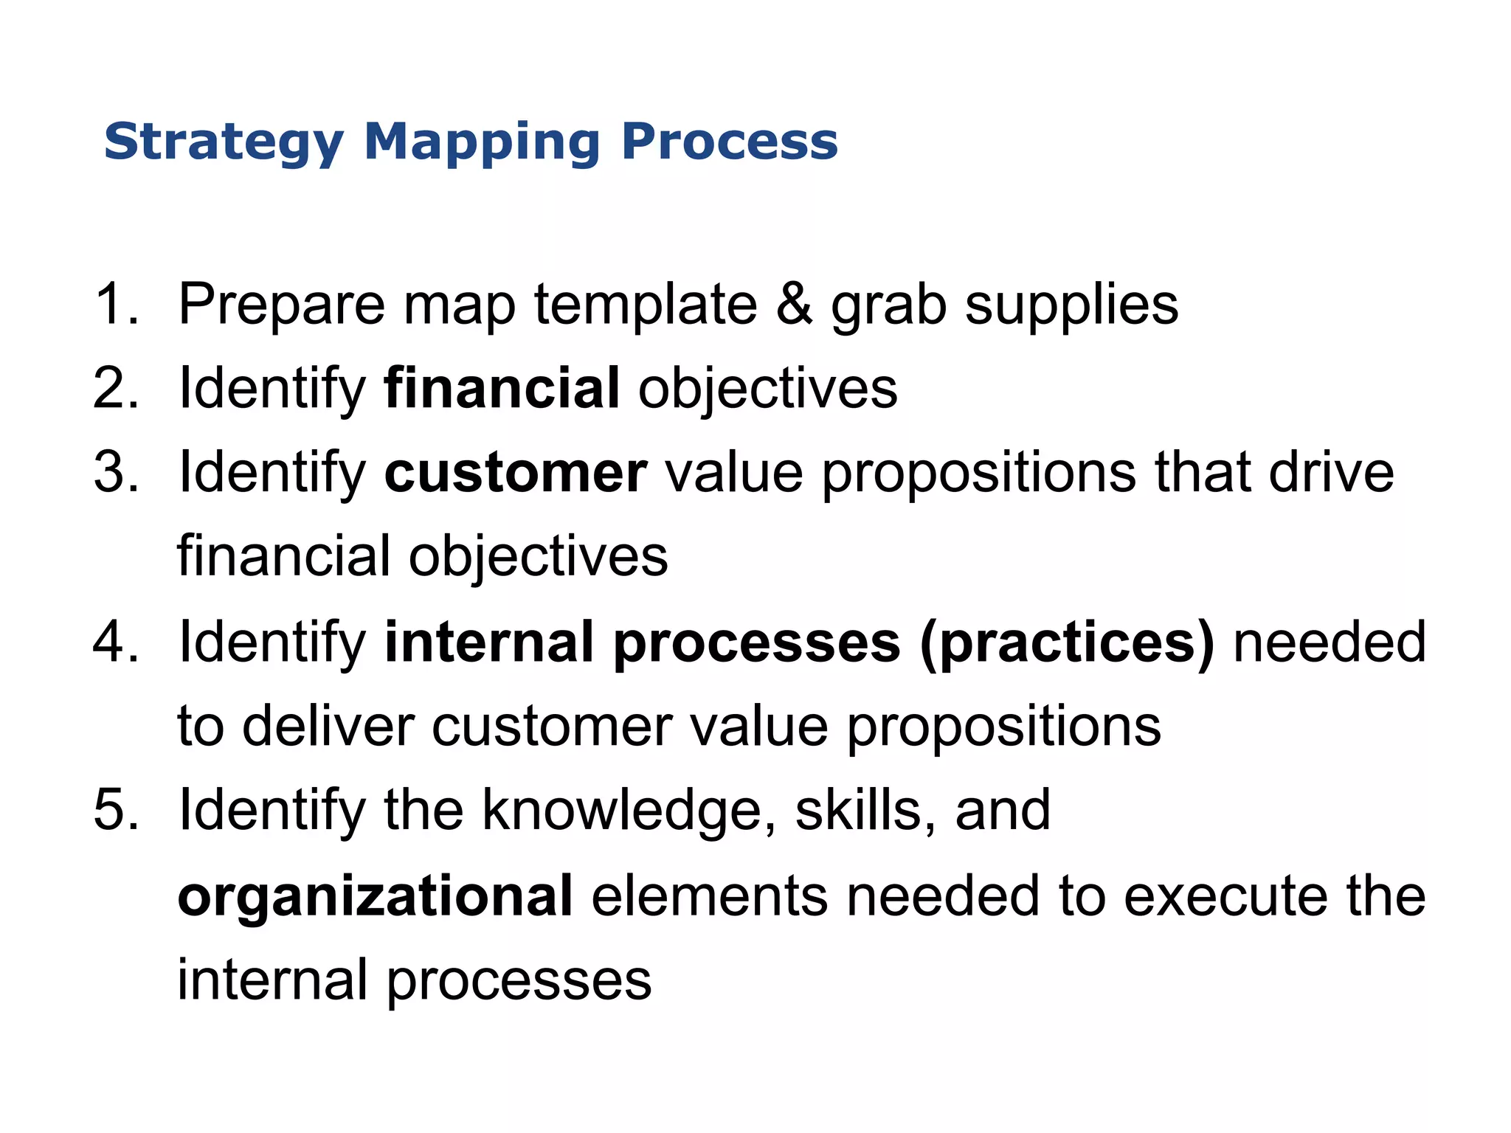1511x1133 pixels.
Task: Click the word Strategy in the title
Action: coord(224,142)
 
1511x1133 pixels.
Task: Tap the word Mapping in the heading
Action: coord(482,142)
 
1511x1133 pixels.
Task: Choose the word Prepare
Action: coord(281,305)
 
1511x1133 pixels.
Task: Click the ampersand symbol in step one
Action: coord(794,304)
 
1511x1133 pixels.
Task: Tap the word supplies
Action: coord(1071,305)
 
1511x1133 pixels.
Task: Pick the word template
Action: coord(646,305)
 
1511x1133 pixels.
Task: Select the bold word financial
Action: coord(502,388)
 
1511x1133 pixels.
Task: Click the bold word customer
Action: coord(516,473)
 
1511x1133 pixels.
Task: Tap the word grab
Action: coord(888,305)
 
